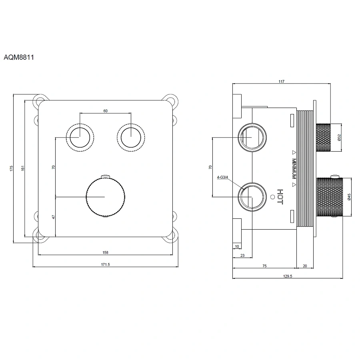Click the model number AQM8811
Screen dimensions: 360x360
(18, 57)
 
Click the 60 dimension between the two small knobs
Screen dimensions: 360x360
(105, 111)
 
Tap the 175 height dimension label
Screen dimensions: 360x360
(12, 169)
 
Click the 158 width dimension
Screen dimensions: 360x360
(106, 252)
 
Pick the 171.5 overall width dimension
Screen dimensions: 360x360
(106, 264)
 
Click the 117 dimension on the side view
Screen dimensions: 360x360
(281, 82)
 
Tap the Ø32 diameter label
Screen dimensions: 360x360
(339, 137)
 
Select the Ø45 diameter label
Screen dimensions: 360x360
(349, 197)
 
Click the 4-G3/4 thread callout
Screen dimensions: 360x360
(222, 177)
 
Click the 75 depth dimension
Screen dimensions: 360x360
(264, 265)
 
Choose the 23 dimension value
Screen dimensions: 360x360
(242, 255)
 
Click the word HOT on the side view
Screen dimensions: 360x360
(280, 197)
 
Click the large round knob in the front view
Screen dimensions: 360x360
(106, 197)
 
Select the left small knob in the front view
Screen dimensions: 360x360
(80, 137)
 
